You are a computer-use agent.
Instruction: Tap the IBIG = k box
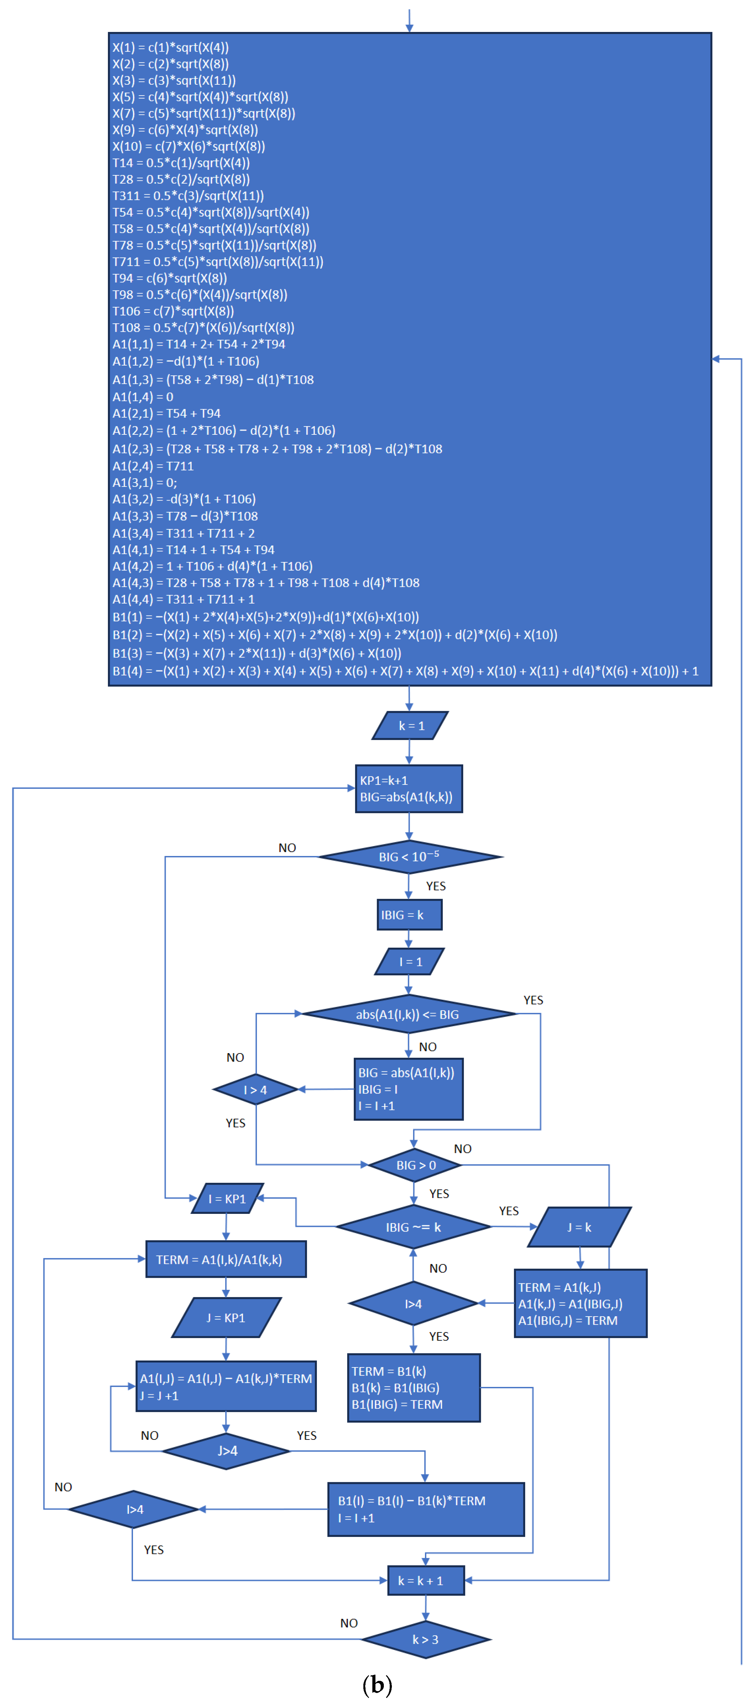tap(409, 914)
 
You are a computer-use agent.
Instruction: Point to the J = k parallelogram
tap(579, 1227)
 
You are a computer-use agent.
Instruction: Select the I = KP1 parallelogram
tap(227, 1199)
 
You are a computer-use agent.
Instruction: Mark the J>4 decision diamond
tap(226, 1451)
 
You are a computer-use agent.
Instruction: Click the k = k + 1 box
tap(426, 1581)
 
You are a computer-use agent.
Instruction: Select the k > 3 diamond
tap(426, 1640)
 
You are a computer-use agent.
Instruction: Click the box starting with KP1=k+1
tap(408, 789)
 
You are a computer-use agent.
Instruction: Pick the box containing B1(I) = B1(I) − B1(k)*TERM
tap(426, 1509)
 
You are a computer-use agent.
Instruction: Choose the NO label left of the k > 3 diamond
tap(349, 1623)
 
